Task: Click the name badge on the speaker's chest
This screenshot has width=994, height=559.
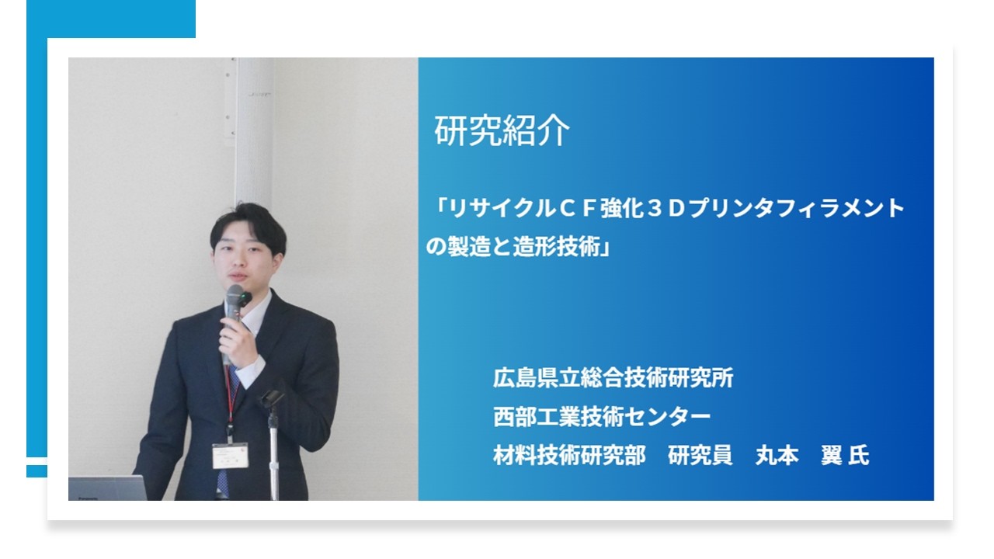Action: click(x=229, y=455)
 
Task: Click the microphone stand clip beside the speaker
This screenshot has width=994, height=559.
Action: click(x=271, y=398)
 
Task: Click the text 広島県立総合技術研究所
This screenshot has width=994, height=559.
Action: click(x=613, y=378)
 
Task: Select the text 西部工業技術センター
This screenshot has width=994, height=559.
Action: click(x=602, y=417)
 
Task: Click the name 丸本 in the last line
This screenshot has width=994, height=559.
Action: click(x=777, y=456)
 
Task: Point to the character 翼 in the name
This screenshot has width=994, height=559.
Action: click(x=832, y=456)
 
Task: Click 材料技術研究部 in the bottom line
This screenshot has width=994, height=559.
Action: click(x=568, y=456)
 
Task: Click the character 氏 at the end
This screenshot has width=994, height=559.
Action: click(x=858, y=456)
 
